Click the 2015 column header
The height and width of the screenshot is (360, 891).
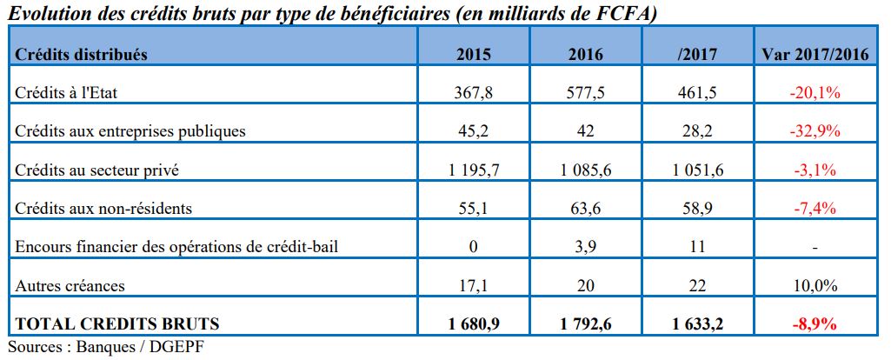pos(474,54)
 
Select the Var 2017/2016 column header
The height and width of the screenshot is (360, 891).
pos(815,54)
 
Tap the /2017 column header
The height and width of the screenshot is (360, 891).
pos(695,54)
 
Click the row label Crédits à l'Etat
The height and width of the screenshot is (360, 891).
pos(73,92)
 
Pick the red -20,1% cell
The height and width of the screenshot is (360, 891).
pos(815,92)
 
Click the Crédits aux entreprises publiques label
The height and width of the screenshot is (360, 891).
pos(131,131)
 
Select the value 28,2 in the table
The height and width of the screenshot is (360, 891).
pos(695,131)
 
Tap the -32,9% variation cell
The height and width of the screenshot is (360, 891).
pos(815,131)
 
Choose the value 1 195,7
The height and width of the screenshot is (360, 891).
pos(474,170)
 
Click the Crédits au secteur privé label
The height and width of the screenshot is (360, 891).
pos(97,170)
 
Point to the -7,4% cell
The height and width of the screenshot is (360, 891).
pos(815,209)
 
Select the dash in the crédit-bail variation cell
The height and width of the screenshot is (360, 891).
pos(815,248)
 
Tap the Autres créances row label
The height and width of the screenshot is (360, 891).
pos(70,285)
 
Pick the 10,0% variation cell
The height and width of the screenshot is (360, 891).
pos(815,285)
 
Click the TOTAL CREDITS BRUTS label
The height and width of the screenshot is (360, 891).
pos(117,324)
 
